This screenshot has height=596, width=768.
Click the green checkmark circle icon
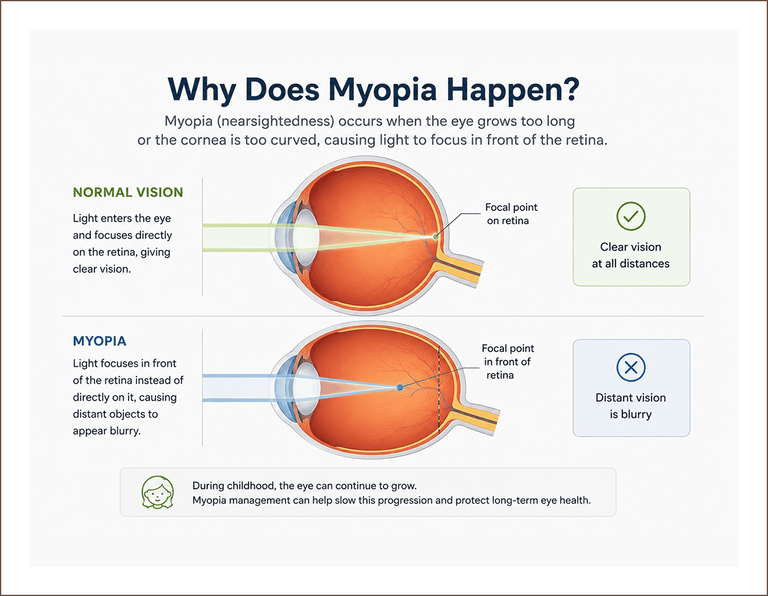click(631, 216)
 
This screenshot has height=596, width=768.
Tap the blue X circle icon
click(631, 367)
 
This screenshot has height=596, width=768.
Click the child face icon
click(157, 492)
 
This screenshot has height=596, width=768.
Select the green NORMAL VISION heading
click(128, 192)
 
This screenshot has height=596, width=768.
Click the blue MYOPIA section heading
click(100, 341)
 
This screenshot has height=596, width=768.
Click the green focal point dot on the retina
click(435, 236)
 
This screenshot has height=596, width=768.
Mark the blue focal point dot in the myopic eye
click(400, 388)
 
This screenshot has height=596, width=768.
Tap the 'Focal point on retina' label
click(511, 214)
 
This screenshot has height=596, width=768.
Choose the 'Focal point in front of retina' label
click(508, 361)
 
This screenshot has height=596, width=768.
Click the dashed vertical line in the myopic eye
click(439, 389)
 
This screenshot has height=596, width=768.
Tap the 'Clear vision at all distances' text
click(631, 255)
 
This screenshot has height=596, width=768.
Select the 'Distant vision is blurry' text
click(631, 406)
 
